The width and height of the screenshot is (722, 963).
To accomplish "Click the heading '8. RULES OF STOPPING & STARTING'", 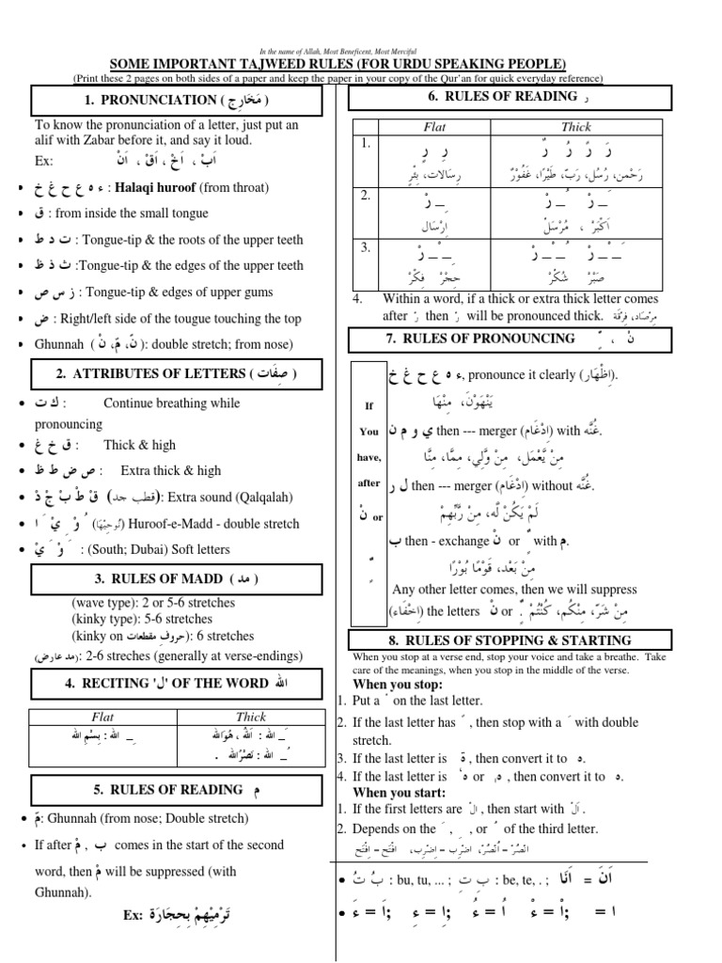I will click(510, 639).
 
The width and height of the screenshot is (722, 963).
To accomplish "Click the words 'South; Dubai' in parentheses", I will click(151, 549).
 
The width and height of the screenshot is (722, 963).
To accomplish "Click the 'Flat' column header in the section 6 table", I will click(435, 126).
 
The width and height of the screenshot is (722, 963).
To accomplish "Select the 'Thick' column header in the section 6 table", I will click(576, 126).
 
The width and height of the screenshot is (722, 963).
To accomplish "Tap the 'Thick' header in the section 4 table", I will click(251, 717).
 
